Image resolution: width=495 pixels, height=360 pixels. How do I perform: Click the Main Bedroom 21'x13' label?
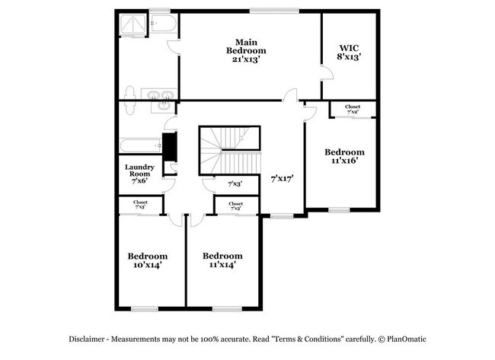coord(245,50)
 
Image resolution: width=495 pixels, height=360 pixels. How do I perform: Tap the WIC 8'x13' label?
coord(349,51)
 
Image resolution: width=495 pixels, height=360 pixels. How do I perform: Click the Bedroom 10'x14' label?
coord(147,260)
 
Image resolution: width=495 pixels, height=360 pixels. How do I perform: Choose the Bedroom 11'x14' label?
coord(223,260)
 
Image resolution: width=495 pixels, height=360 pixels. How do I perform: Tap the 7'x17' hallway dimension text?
coord(282,178)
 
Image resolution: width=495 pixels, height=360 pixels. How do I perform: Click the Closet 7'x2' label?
coord(353,110)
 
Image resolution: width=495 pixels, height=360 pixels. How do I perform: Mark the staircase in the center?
coord(229,151)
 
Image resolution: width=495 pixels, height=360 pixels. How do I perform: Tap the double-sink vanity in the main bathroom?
coord(160,97)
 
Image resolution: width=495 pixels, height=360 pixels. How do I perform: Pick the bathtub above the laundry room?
coord(139,145)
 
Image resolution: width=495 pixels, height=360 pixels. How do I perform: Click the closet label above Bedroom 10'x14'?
coord(141,205)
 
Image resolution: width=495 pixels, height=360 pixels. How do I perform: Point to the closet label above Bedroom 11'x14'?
coord(236,205)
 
